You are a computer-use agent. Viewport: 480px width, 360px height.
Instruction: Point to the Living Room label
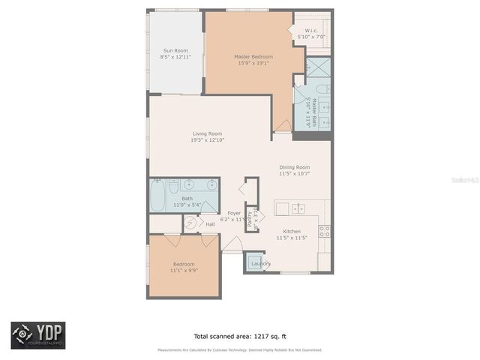208,133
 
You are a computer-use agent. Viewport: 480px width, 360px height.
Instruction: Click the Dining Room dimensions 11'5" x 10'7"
295,173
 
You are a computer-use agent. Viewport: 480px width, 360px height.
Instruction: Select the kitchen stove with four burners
325,231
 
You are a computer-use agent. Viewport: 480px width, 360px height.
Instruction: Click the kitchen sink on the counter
298,208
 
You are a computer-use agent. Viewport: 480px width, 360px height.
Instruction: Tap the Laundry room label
260,263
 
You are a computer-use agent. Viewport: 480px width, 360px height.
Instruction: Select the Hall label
211,223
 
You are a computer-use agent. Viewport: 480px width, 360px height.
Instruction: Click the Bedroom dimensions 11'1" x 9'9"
184,271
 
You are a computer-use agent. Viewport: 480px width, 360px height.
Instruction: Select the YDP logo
37,335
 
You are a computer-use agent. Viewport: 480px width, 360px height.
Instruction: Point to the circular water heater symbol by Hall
190,222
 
